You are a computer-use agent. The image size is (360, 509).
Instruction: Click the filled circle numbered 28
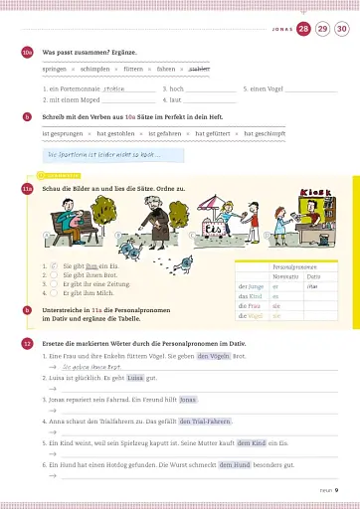click(302, 29)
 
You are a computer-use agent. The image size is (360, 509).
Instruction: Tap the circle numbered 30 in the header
click(341, 29)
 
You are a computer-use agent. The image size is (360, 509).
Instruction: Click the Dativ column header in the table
click(313, 275)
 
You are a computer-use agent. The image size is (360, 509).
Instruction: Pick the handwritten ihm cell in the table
click(312, 286)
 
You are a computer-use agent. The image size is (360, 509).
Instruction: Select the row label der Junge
click(251, 286)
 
